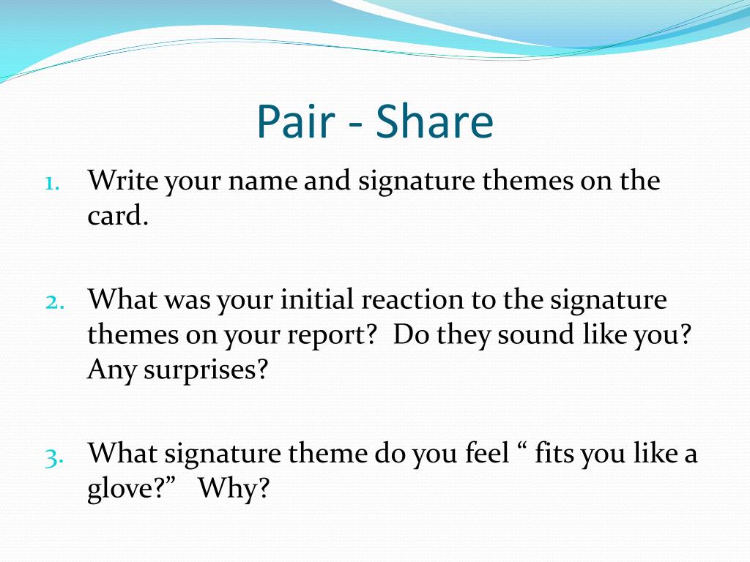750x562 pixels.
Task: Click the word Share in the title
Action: [434, 123]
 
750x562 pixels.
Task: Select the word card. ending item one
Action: [118, 217]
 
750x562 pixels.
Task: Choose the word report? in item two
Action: [338, 336]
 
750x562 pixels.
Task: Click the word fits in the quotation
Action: [554, 454]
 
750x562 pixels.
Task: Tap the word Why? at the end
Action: [234, 489]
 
